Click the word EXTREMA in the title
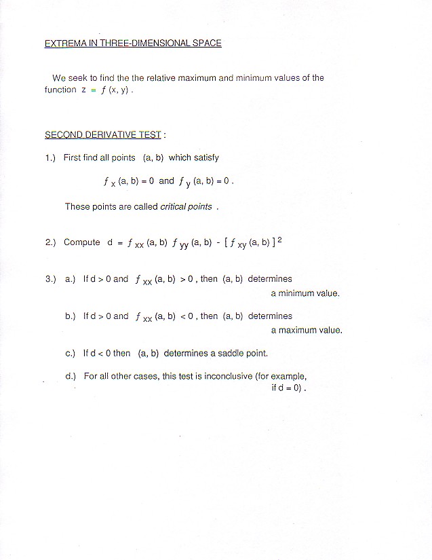pyautogui.click(x=62, y=43)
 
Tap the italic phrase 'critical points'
pyautogui.click(x=186, y=207)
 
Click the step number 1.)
pyautogui.click(x=51, y=157)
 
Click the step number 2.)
pyautogui.click(x=51, y=242)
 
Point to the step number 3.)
pyautogui.click(x=51, y=279)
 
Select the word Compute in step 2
pyautogui.click(x=81, y=242)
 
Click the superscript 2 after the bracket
pyautogui.click(x=279, y=239)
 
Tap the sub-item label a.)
pyautogui.click(x=71, y=279)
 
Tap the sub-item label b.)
pyautogui.click(x=71, y=316)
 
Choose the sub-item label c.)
pyautogui.click(x=71, y=354)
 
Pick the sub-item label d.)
pyautogui.click(x=71, y=376)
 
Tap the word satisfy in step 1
pyautogui.click(x=206, y=157)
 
